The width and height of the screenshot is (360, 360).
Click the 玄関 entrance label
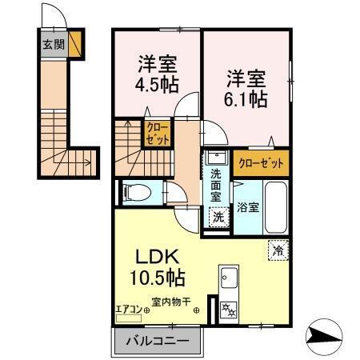pyautogui.click(x=50, y=43)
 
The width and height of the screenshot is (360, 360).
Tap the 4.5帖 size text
pyautogui.click(x=158, y=82)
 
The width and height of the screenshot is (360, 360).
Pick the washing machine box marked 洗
pyautogui.click(x=217, y=215)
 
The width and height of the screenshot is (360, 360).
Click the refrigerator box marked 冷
pyautogui.click(x=278, y=249)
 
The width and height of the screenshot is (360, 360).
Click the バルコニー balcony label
pyautogui.click(x=157, y=341)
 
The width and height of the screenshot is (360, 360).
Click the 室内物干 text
pyautogui.click(x=171, y=302)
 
